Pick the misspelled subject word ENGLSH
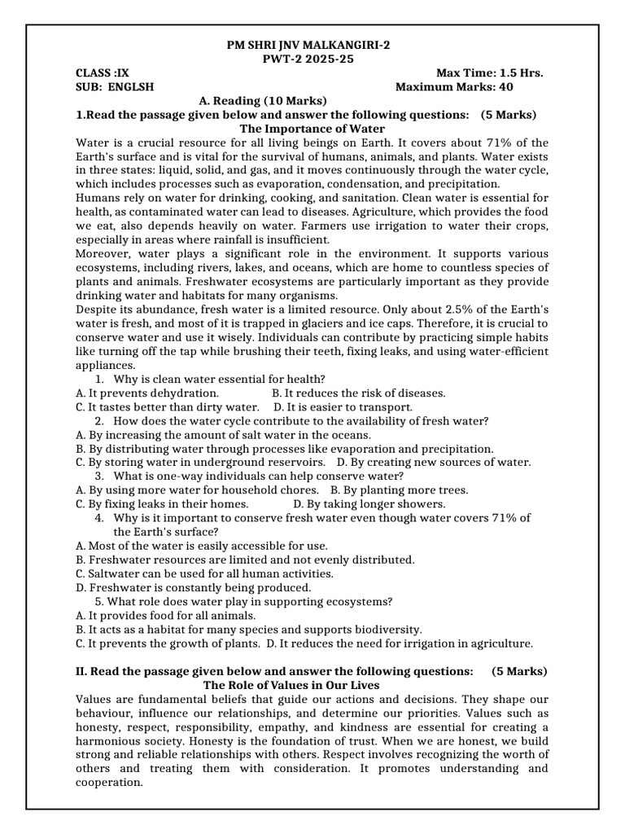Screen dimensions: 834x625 click(x=129, y=87)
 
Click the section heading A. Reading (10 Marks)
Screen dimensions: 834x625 click(x=262, y=101)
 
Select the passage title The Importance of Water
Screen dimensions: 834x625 click(x=312, y=129)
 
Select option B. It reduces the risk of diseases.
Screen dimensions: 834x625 click(x=358, y=393)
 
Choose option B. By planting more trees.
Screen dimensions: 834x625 click(x=399, y=490)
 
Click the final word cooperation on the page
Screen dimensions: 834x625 click(x=108, y=783)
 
